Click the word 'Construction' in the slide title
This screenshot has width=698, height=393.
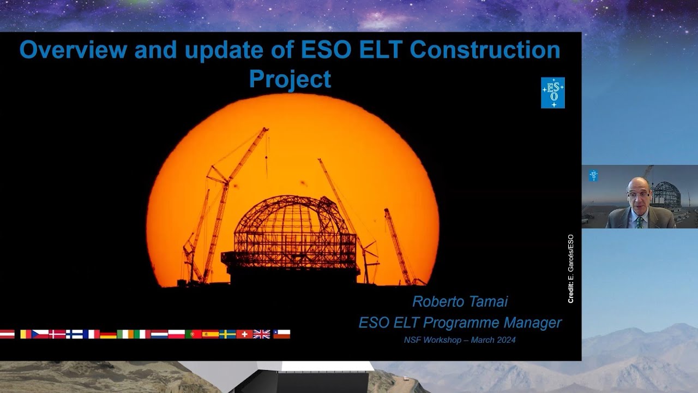click(485, 50)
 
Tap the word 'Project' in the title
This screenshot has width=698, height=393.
click(290, 79)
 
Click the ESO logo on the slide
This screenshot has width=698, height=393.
click(552, 92)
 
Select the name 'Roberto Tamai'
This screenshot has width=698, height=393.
click(460, 301)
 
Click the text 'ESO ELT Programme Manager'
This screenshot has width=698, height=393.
click(460, 323)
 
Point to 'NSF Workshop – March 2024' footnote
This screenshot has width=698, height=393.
click(460, 340)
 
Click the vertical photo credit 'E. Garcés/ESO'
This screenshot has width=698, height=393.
click(570, 269)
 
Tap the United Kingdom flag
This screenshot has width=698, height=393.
click(262, 334)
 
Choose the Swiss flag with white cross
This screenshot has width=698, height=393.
click(244, 334)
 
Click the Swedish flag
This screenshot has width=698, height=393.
click(227, 334)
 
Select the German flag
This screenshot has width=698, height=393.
click(108, 334)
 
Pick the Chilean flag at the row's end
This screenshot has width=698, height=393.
click(281, 334)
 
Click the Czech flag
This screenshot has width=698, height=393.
click(40, 334)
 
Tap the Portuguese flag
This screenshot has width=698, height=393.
click(193, 334)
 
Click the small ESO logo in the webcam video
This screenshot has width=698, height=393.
click(593, 175)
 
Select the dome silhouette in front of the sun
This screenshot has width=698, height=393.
click(292, 229)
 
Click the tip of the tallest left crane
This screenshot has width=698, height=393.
click(266, 129)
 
